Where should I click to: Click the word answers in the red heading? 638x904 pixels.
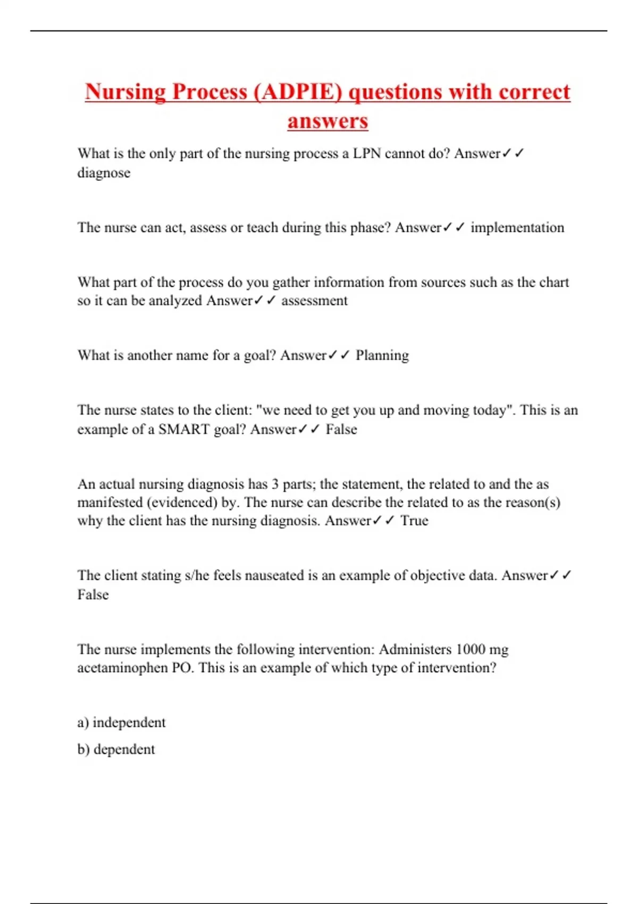[x=328, y=121]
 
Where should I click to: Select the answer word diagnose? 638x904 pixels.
[x=104, y=173]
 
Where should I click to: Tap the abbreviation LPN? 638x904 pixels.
[x=367, y=154]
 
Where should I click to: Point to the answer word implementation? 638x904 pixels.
[x=517, y=228]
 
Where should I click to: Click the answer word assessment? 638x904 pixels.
[x=314, y=300]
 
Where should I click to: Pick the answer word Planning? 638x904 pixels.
[x=382, y=355]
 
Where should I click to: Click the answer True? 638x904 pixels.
[x=414, y=521]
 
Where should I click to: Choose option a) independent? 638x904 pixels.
[x=122, y=723]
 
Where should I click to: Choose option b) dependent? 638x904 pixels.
[x=116, y=749]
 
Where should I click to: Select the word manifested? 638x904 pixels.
[x=110, y=503]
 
